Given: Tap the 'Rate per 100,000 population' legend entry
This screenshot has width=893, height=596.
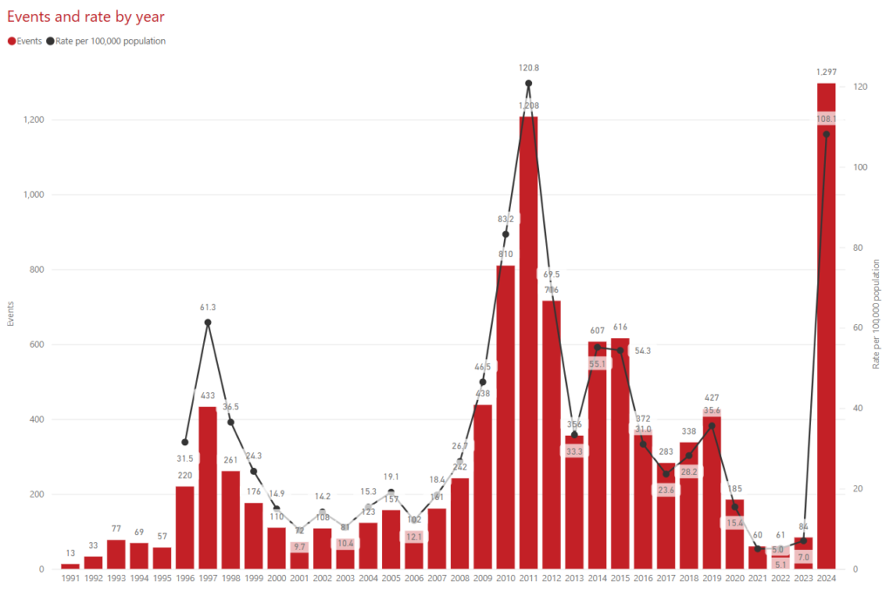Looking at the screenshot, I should point(110,41).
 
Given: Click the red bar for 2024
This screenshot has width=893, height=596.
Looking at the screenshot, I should point(826,349).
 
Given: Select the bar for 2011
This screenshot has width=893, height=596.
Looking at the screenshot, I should point(528,349).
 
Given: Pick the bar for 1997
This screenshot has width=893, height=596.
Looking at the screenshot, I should point(208,488).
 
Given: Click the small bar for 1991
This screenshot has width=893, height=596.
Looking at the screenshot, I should point(70,566).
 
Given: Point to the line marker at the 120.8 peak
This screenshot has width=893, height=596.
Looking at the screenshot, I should point(528,84).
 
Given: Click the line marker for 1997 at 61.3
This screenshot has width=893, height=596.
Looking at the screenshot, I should point(208,322).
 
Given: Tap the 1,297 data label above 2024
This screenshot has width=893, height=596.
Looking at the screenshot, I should point(826,72).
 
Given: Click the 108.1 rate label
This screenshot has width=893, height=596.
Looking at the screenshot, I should point(826,119).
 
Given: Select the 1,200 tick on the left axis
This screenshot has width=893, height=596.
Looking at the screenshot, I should point(33,120).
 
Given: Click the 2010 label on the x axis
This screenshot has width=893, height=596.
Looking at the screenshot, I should point(506,579).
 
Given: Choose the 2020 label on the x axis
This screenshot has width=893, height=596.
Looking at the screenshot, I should point(734,579).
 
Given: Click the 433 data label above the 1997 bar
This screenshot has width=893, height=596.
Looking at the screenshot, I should point(208,396).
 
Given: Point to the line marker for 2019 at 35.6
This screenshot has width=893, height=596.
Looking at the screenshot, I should point(712,426).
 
